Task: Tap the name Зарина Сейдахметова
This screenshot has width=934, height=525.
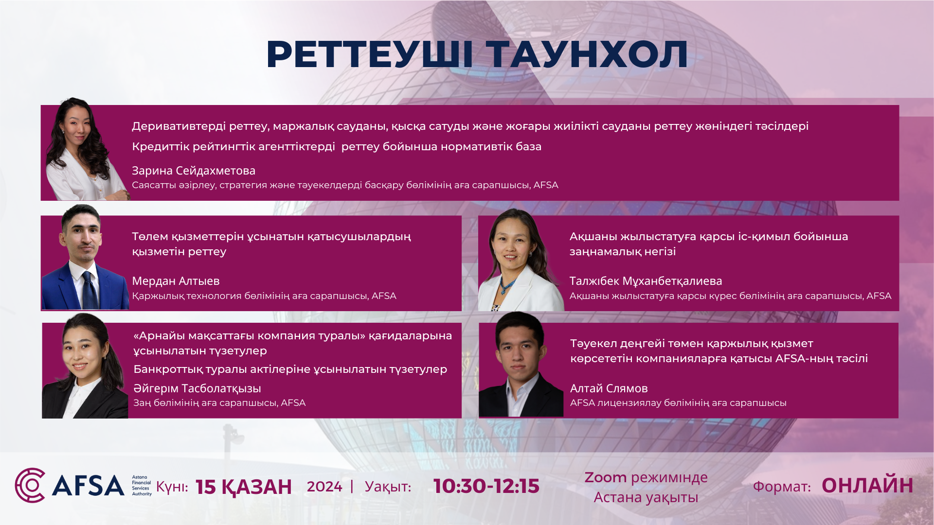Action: point(194,171)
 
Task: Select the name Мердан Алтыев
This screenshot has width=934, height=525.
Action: point(176,281)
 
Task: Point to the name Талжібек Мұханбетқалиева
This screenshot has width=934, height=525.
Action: point(646,281)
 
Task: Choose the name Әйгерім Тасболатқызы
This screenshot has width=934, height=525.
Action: point(197,388)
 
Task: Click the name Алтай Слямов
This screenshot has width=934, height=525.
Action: point(609,388)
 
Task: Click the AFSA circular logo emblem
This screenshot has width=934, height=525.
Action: point(30,485)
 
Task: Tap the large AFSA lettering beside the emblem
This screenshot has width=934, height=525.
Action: point(88,486)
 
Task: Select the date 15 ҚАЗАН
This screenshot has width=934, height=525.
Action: point(243,487)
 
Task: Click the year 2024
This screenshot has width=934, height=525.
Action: point(324,487)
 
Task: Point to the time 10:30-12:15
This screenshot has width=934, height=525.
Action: point(486,486)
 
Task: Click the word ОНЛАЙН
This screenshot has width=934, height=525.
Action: point(867,486)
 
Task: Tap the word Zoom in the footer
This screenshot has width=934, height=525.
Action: point(606,477)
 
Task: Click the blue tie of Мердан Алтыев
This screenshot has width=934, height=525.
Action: point(90,290)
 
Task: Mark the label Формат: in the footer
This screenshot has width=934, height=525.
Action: point(782,487)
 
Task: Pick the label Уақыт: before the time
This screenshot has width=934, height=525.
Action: point(388,487)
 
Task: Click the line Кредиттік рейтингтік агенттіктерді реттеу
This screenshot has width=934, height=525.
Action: point(337,146)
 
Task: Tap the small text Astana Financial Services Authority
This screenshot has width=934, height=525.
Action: point(142,486)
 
